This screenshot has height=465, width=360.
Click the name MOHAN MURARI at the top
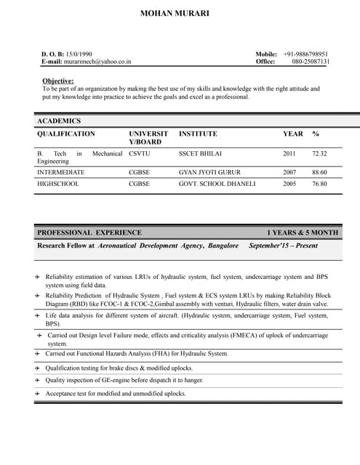point(180,13)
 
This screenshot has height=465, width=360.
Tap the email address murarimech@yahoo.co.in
point(97,62)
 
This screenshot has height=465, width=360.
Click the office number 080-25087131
point(311,62)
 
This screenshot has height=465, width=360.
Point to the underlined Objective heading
point(58,80)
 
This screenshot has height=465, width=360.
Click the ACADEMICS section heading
point(59,121)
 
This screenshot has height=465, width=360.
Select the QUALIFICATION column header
point(65,134)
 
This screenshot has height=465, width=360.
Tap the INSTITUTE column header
point(198,134)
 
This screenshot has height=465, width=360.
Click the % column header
point(316,134)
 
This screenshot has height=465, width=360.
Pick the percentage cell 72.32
point(319,154)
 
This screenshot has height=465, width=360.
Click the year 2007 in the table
point(289,172)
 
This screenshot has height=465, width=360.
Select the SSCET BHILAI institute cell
point(200,154)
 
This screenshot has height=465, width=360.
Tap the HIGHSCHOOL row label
point(58,184)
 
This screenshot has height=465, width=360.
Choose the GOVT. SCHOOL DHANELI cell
point(217,184)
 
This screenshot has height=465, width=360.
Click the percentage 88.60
point(319,172)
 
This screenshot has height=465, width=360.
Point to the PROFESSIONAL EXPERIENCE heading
point(89,232)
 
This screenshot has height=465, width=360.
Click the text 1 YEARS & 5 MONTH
point(302,232)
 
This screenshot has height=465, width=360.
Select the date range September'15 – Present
point(283,246)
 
